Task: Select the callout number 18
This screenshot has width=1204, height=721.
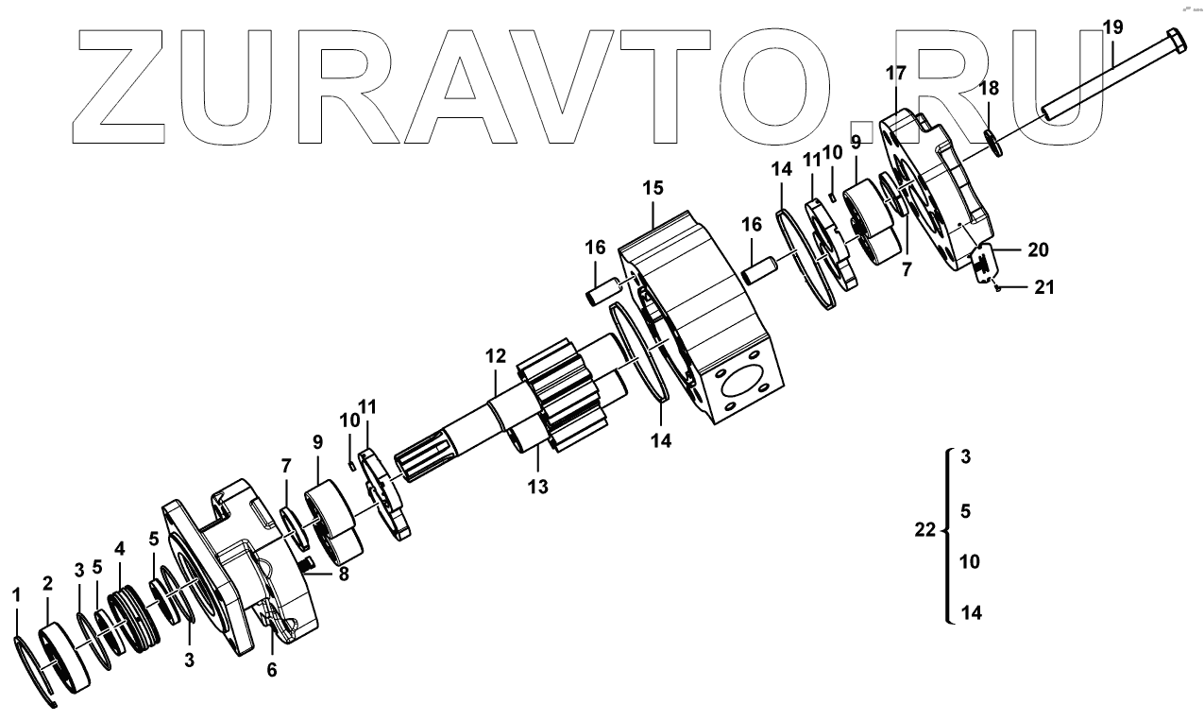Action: click(x=989, y=89)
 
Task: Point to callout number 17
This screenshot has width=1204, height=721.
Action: click(x=896, y=73)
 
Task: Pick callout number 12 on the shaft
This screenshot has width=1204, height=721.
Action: click(x=497, y=357)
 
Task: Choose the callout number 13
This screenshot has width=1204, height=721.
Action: click(x=538, y=487)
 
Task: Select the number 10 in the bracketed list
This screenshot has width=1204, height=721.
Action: click(x=970, y=562)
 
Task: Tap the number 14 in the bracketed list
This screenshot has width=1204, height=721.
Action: click(x=971, y=613)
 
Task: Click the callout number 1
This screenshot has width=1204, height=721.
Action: click(x=15, y=594)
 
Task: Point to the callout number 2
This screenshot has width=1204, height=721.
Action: click(x=47, y=584)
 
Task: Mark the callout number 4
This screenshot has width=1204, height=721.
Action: click(x=119, y=547)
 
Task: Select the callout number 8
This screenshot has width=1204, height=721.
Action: click(x=344, y=573)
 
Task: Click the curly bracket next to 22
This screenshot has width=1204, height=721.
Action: click(x=945, y=535)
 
